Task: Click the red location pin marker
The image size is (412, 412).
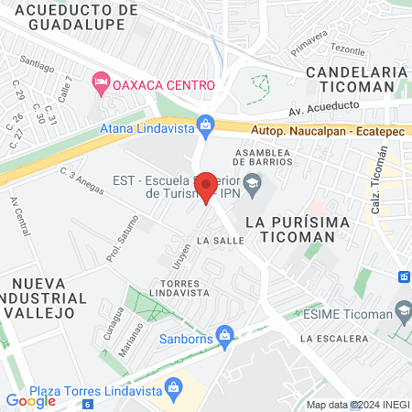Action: (x=207, y=187)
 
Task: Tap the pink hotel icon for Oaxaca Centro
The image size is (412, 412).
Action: (x=101, y=84)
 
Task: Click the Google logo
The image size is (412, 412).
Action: (x=30, y=400)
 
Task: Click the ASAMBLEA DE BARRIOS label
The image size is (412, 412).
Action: (x=263, y=157)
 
